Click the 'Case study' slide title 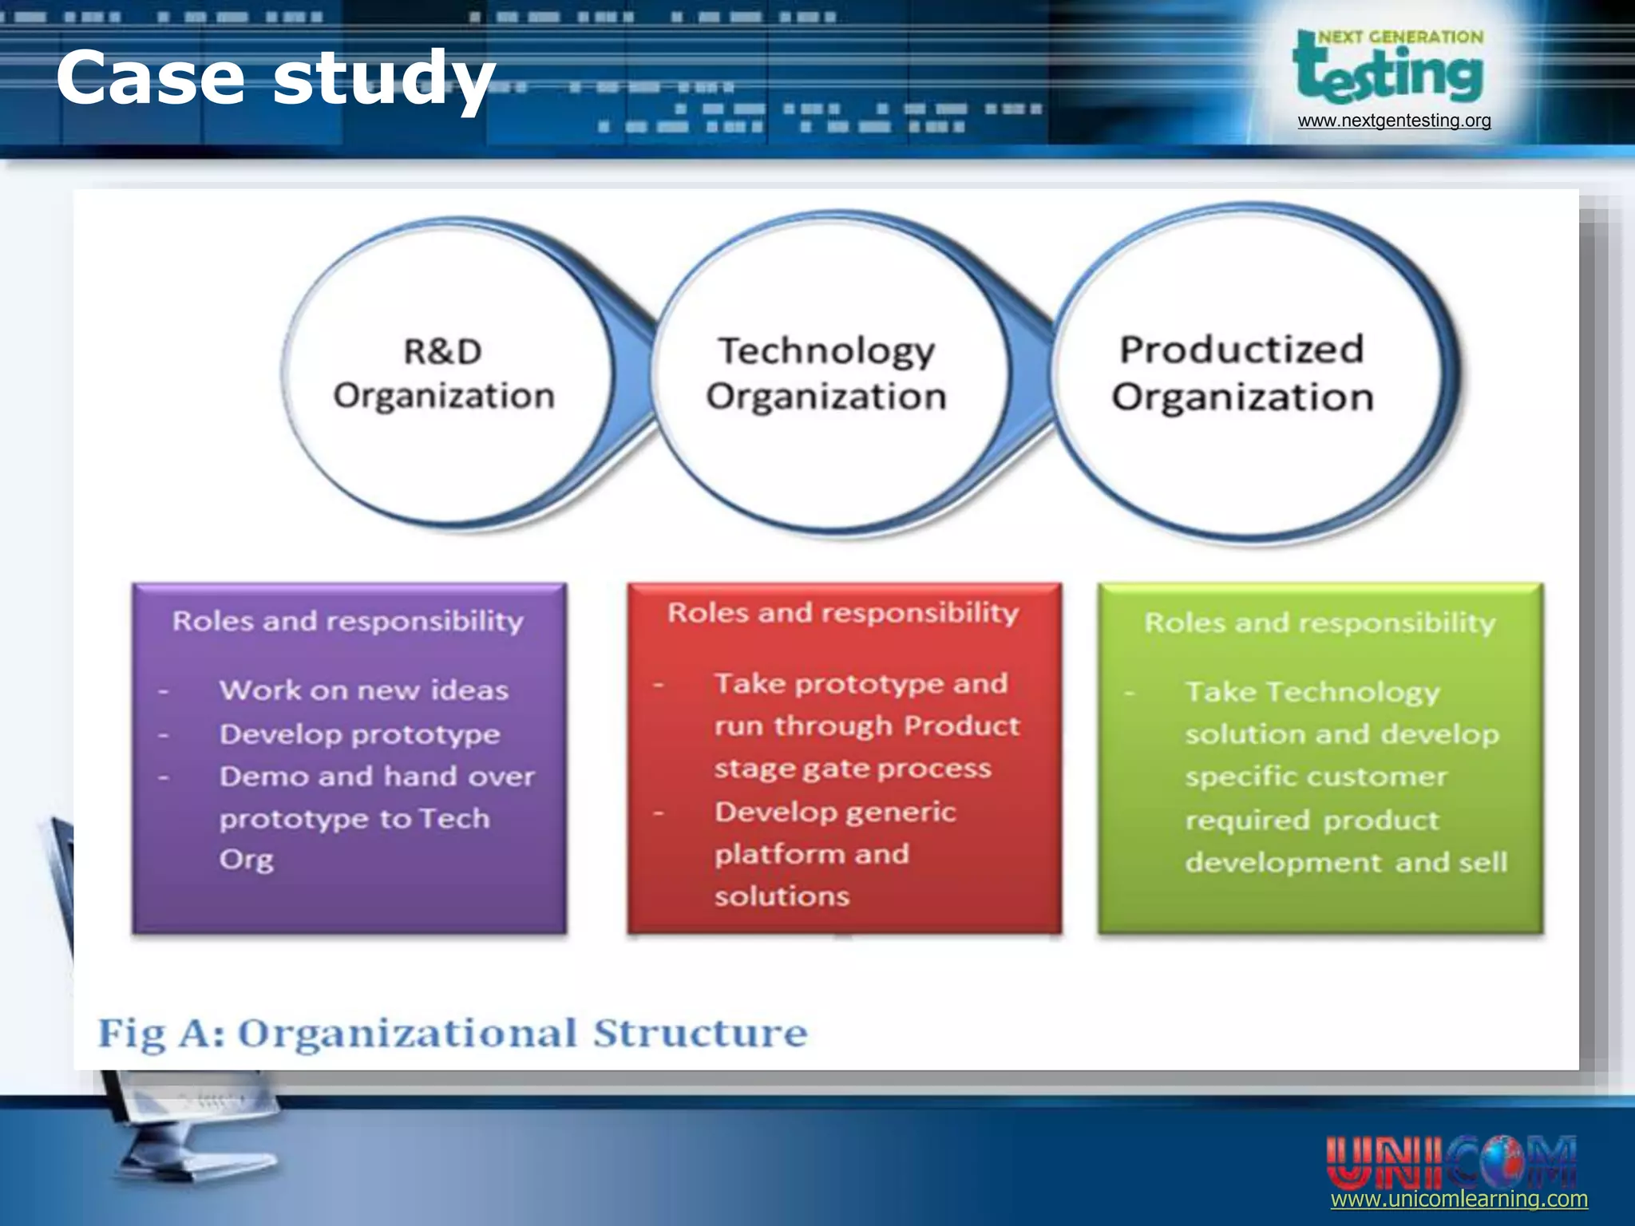[x=275, y=78]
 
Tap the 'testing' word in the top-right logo [x=1389, y=73]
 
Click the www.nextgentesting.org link [x=1394, y=121]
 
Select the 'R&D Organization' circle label [x=444, y=374]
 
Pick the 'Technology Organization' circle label [x=826, y=374]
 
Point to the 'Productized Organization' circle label [x=1242, y=373]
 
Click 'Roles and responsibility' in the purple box [x=348, y=621]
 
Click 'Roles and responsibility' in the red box [x=843, y=612]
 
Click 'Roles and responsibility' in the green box [x=1320, y=623]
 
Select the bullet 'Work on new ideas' [x=364, y=690]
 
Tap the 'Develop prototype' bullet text [x=360, y=734]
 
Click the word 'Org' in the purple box [x=247, y=860]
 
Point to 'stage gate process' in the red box [x=853, y=769]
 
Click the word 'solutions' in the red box [x=782, y=896]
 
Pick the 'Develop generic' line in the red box [x=835, y=813]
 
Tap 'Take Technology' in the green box [x=1312, y=692]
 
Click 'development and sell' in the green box [x=1346, y=863]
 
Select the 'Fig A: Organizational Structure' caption [x=453, y=1033]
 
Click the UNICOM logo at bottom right [x=1451, y=1161]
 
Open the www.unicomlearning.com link [x=1459, y=1200]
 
